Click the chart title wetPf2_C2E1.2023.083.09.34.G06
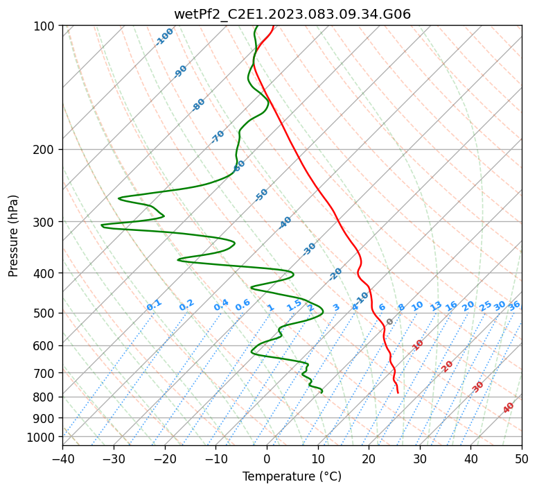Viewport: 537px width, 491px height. pyautogui.click(x=292, y=14)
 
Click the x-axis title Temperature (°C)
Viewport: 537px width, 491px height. pyautogui.click(x=292, y=476)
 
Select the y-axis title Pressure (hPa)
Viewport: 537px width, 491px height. pyautogui.click(x=14, y=236)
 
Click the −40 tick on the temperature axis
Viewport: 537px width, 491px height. pyautogui.click(x=62, y=458)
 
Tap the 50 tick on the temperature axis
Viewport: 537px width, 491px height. pyautogui.click(x=522, y=458)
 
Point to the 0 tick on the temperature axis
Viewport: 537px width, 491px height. pyautogui.click(x=267, y=458)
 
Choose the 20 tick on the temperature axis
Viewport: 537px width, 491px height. pyautogui.click(x=369, y=458)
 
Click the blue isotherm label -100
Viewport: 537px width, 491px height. pyautogui.click(x=164, y=37)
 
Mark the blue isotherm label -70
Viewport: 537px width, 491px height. pyautogui.click(x=218, y=137)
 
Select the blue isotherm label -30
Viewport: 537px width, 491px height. pyautogui.click(x=309, y=249)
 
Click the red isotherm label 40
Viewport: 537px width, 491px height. pyautogui.click(x=509, y=408)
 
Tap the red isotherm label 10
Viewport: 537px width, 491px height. pyautogui.click(x=418, y=345)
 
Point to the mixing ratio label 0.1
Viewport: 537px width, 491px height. pyautogui.click(x=154, y=304)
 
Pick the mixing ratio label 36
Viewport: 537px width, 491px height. pyautogui.click(x=514, y=305)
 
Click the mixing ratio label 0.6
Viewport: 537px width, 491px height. pyautogui.click(x=243, y=305)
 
